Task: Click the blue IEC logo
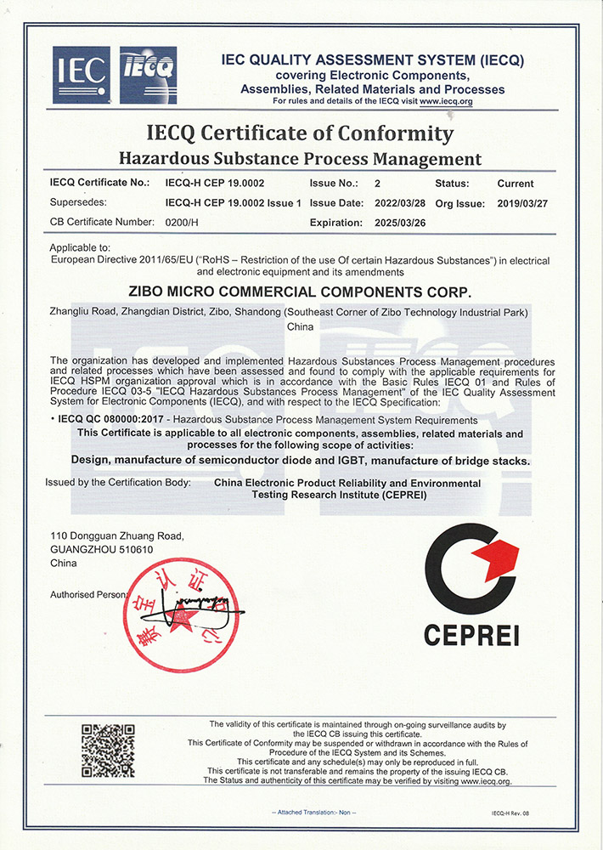click(x=82, y=75)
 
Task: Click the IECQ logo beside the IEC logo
click(x=148, y=75)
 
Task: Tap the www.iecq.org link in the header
click(x=445, y=101)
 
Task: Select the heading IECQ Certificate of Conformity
click(x=300, y=133)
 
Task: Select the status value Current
click(x=515, y=184)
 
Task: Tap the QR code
click(x=108, y=751)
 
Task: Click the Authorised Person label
click(x=87, y=594)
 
